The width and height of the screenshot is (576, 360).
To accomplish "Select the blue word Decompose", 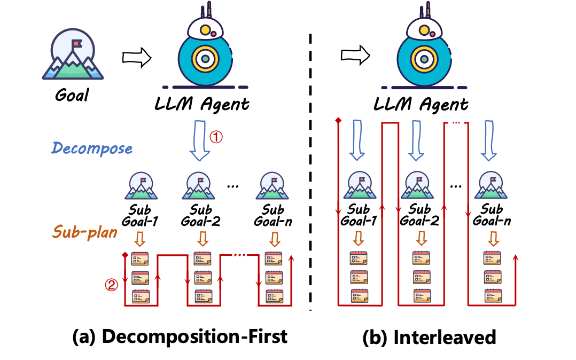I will tap(92, 147).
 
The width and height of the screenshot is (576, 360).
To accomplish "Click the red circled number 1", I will tap(216, 137).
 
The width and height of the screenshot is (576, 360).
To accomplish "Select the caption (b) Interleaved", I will tap(430, 336).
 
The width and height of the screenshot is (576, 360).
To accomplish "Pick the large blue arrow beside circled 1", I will tap(201, 142).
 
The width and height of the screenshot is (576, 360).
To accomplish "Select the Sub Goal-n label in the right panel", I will tap(492, 215).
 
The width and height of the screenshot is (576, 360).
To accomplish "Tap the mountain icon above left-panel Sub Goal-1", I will tap(140, 185).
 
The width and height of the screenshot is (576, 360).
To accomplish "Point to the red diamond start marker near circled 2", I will tap(124, 255).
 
